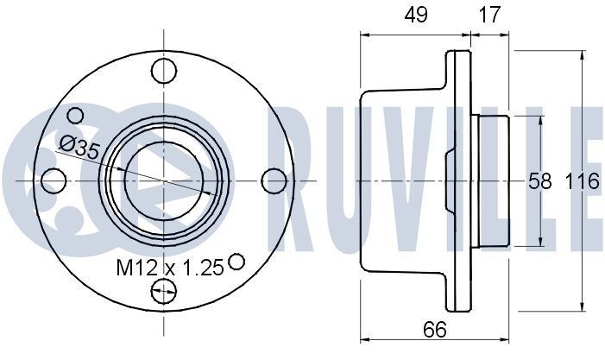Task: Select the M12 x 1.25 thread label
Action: click(170, 268)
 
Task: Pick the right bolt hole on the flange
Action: click(274, 180)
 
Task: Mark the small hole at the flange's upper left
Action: click(76, 115)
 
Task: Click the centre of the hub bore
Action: click(164, 180)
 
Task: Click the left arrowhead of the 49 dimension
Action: click(362, 35)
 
